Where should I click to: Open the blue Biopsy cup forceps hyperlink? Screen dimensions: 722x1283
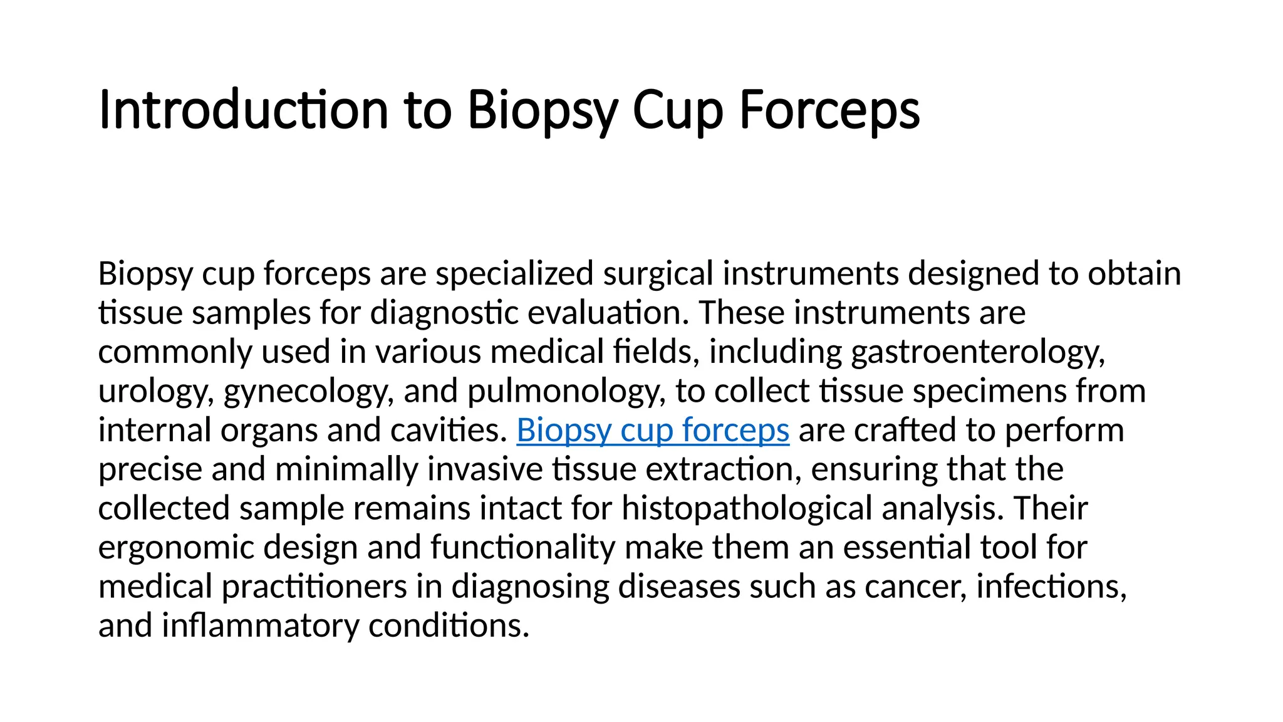653,431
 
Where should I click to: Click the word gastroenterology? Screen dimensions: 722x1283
977,352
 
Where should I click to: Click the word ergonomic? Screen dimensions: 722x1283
176,548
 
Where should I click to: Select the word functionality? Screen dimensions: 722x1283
523,548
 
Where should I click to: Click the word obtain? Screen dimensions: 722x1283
1134,274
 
